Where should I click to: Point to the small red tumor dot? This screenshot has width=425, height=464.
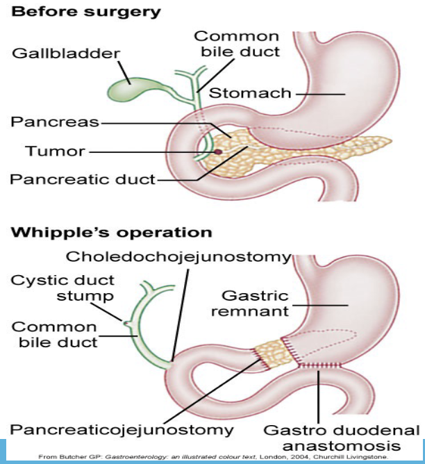[x=218, y=151]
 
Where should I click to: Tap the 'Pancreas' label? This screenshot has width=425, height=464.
[x=54, y=122]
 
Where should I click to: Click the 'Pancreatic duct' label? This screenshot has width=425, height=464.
[x=83, y=179]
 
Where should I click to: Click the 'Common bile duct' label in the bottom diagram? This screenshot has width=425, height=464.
[x=55, y=334]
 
